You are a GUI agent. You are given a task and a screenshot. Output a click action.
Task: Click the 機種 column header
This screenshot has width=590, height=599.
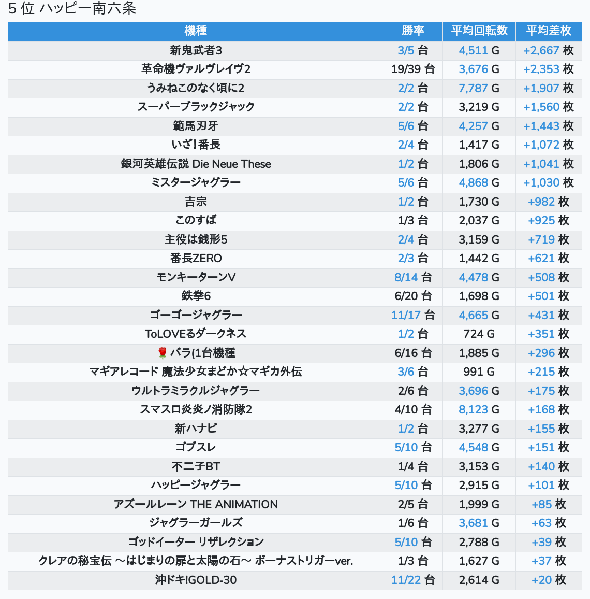196,31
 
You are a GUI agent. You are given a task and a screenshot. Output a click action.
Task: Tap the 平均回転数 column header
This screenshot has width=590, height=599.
479,31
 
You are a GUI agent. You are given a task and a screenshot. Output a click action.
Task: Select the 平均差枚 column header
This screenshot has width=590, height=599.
549,31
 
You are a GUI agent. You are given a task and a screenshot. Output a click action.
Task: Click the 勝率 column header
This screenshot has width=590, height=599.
412,31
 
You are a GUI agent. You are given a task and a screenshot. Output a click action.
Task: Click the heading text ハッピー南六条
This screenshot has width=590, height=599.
87,9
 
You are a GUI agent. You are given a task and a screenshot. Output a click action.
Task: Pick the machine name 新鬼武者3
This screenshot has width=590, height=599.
196,50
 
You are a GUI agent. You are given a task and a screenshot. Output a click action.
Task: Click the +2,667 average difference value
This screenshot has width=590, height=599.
541,50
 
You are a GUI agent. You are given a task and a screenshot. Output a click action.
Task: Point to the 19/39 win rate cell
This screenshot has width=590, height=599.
412,69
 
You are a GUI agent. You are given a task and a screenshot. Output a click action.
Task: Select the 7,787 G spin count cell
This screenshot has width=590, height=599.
479,88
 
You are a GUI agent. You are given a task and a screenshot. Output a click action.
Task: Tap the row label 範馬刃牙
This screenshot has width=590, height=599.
196,126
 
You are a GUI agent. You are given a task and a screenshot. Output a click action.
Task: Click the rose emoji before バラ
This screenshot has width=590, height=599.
163,353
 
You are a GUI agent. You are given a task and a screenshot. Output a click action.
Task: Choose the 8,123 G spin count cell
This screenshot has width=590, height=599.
479,409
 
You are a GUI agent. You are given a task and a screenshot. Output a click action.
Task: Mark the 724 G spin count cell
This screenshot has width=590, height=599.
479,334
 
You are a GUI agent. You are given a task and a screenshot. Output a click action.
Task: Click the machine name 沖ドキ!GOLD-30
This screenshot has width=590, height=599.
196,580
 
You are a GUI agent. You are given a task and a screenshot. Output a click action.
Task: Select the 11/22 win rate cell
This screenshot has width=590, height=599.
412,580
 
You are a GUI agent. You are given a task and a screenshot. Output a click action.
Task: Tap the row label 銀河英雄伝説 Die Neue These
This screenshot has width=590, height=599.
196,164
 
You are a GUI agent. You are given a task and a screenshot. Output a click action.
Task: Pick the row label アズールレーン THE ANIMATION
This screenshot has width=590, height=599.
196,504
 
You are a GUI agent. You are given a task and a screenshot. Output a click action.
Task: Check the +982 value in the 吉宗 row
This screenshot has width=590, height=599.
541,202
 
